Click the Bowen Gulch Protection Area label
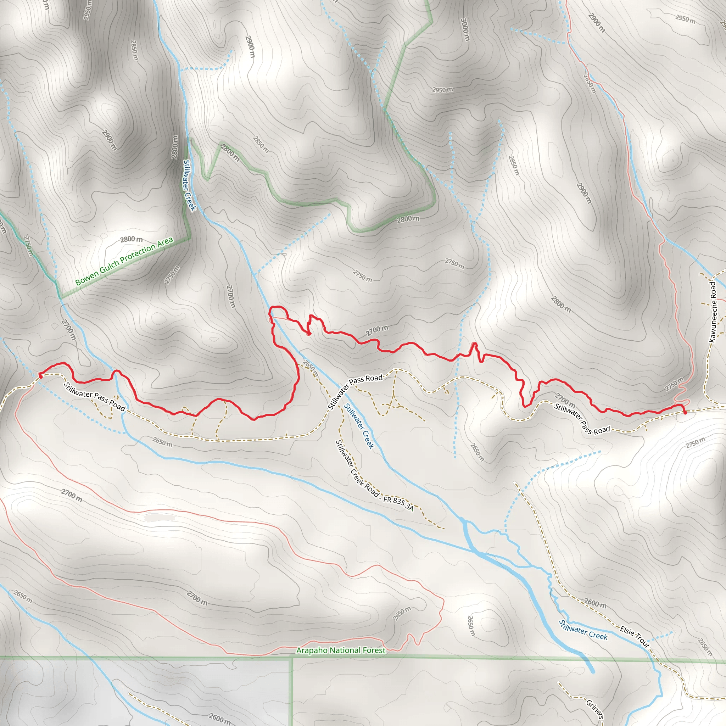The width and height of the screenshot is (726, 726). coord(124,261)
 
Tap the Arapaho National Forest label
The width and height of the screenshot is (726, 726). coord(341,650)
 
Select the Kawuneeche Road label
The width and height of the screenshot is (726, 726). coord(713,312)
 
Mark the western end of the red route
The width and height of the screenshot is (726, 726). coord(40,375)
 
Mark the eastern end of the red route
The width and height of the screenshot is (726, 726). coord(685,413)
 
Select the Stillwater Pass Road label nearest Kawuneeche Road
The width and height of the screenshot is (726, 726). coord(582,419)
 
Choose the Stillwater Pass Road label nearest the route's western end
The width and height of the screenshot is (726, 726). coord(94,396)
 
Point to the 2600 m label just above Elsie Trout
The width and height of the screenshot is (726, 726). coord(595,603)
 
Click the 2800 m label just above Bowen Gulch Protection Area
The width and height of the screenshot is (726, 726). coord(131,239)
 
